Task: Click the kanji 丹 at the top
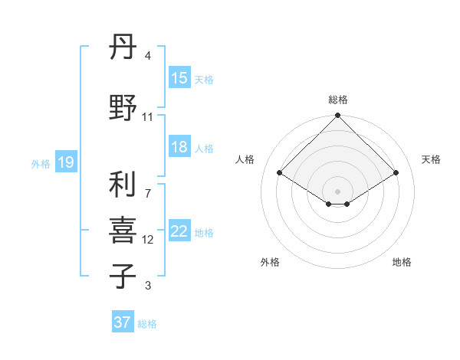[123, 48]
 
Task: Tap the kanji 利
[123, 185]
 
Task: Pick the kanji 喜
[123, 231]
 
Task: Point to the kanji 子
[123, 275]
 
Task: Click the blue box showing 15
[179, 78]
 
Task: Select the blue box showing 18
[179, 147]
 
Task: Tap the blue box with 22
[179, 231]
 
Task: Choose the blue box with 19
[65, 162]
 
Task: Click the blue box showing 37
[122, 322]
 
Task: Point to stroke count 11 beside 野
[147, 117]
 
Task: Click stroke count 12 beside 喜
[147, 240]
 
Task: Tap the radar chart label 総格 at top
[338, 100]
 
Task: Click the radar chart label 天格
[431, 159]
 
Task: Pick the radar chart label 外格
[270, 262]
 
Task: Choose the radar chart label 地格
[402, 262]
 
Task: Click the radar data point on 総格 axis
[338, 116]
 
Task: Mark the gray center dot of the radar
[338, 190]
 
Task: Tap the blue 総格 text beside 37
[147, 324]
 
